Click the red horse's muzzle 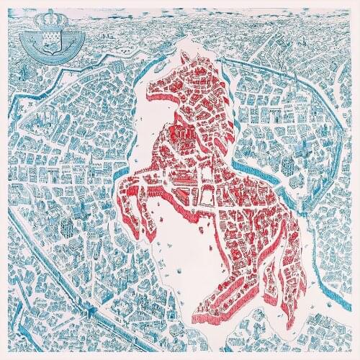pos(153,92)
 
